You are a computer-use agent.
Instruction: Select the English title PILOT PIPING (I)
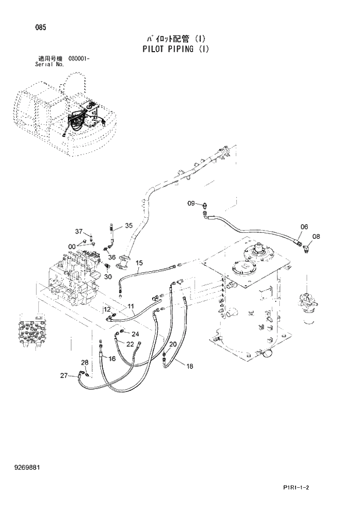click(x=175, y=49)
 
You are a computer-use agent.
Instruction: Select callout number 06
click(x=304, y=226)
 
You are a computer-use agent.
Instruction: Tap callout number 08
click(x=316, y=236)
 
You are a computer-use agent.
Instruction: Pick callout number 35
click(x=128, y=225)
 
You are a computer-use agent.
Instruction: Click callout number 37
click(x=80, y=232)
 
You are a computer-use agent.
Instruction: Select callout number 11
click(x=131, y=306)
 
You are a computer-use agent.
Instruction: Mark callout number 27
click(x=64, y=376)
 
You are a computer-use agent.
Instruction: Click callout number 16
click(x=112, y=359)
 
